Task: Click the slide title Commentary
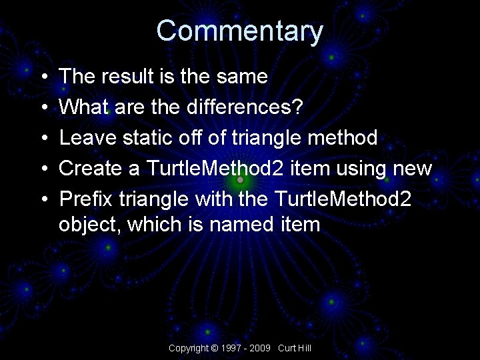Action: click(x=239, y=31)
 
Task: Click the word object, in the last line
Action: click(x=90, y=225)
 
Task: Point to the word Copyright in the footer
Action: click(x=188, y=348)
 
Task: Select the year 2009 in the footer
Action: click(x=261, y=348)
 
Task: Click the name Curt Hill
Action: click(x=295, y=348)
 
